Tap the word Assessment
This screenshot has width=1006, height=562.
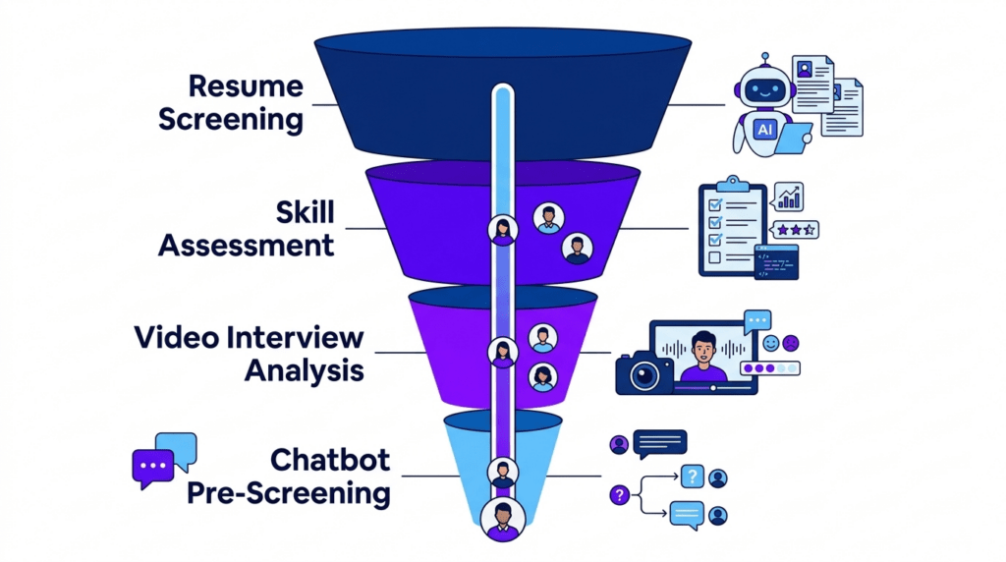247,245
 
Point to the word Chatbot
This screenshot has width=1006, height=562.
330,460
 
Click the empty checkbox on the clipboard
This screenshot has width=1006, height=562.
714,257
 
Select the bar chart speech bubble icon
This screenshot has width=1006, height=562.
787,196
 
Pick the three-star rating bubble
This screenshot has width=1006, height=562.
794,230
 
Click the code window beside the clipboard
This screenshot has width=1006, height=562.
776,262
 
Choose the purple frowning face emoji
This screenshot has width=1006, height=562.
791,344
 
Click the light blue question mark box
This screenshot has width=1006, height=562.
693,477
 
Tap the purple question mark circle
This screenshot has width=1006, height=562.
619,495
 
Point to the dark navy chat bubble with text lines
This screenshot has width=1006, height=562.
660,443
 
